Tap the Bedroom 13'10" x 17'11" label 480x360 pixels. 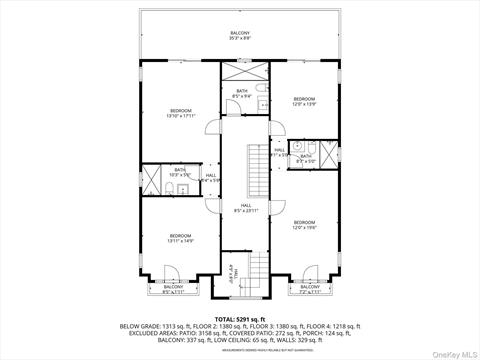[181, 112]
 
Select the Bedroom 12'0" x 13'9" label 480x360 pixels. [304, 100]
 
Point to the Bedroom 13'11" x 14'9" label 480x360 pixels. [180, 237]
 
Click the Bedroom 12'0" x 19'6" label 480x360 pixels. [304, 224]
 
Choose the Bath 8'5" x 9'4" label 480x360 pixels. [242, 95]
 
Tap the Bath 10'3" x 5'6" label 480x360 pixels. [180, 172]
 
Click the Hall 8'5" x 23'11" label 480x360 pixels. [246, 208]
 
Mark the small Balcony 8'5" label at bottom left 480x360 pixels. [173, 290]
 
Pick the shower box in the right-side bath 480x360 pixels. [324, 156]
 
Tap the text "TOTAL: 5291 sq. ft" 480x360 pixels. [239, 318]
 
